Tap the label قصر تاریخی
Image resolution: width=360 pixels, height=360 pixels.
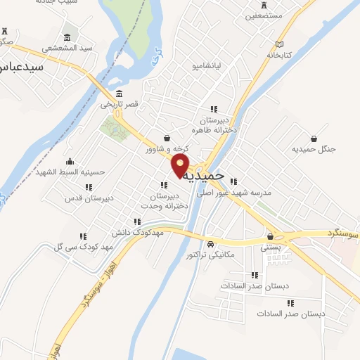point(119,104)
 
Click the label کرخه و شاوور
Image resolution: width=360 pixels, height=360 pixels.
point(168,149)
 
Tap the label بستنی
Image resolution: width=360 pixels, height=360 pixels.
point(271,247)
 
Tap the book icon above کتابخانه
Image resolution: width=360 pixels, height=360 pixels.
point(280,43)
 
